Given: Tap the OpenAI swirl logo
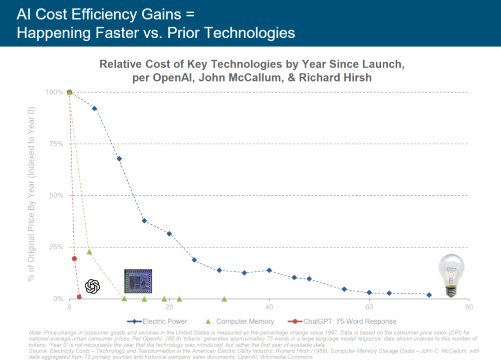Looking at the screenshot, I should click(93, 286).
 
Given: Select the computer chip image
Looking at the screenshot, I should click(138, 281).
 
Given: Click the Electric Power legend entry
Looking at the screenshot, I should click(160, 321).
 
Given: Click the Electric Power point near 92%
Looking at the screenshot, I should click(94, 108).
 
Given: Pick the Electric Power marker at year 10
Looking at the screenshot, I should click(119, 159).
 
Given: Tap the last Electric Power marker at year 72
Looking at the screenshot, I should click(429, 295).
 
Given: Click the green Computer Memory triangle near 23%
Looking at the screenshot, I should click(89, 252).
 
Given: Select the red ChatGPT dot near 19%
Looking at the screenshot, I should click(74, 259).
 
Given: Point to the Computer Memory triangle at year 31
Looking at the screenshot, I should click(224, 299).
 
